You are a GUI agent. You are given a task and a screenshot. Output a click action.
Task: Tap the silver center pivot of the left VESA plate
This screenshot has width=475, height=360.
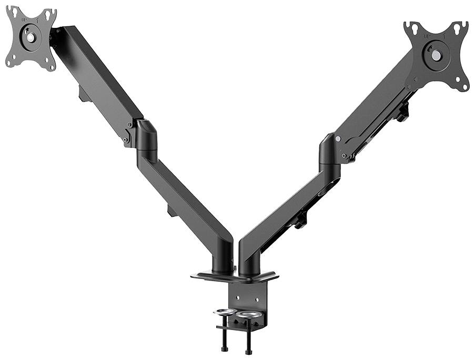point(31,38)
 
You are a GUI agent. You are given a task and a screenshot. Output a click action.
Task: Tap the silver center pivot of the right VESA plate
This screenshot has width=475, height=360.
point(436,55)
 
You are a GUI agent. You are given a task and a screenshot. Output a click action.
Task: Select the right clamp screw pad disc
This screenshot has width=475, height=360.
point(248,315)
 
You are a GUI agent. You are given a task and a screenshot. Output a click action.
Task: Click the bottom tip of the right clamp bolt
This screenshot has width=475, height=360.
point(248,351)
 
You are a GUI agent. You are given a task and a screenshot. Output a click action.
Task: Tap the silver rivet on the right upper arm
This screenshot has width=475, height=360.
point(338,139)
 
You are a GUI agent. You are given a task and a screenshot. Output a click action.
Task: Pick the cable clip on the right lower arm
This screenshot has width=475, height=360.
point(300,221)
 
